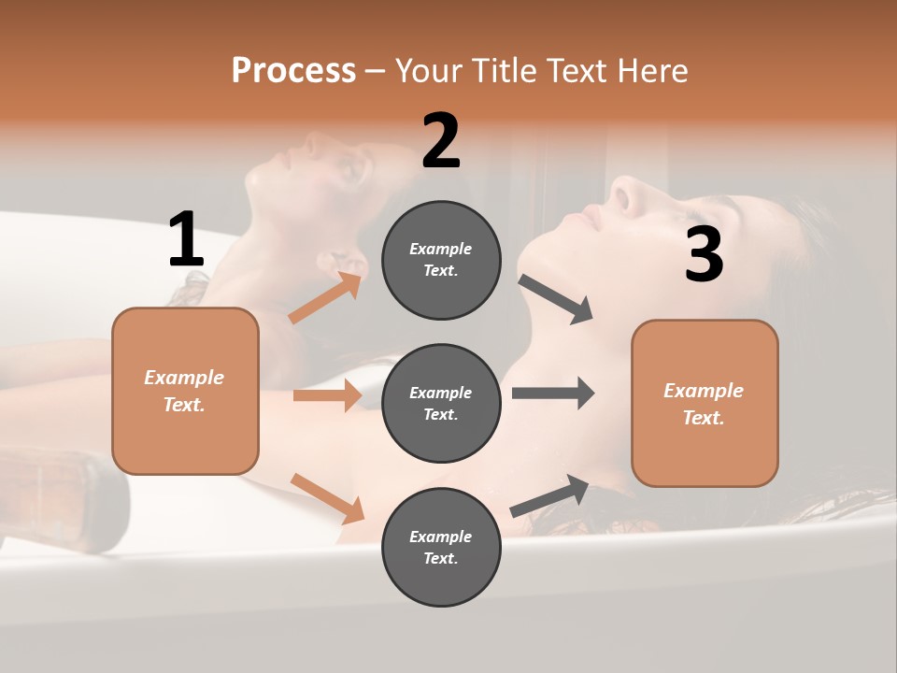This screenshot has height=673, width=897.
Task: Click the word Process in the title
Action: (x=293, y=71)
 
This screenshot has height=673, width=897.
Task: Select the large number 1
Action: (x=186, y=240)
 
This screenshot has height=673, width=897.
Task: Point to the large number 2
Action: (x=441, y=141)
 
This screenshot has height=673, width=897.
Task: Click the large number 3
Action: (x=704, y=255)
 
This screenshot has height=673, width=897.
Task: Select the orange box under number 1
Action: (x=185, y=391)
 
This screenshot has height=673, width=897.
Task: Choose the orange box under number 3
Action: (x=705, y=403)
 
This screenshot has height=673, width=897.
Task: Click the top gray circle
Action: (x=441, y=260)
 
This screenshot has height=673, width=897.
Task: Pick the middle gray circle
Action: (x=441, y=403)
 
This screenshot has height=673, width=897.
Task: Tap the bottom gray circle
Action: (x=441, y=547)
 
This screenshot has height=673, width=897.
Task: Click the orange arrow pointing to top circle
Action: (x=325, y=298)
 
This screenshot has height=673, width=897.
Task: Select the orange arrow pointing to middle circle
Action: (x=327, y=395)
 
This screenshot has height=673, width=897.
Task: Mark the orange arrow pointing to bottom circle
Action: (x=327, y=498)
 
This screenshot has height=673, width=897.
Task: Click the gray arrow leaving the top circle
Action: (x=555, y=299)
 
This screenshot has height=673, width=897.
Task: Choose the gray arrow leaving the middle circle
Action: (x=553, y=394)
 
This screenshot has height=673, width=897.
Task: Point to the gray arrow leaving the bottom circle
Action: (x=549, y=496)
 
